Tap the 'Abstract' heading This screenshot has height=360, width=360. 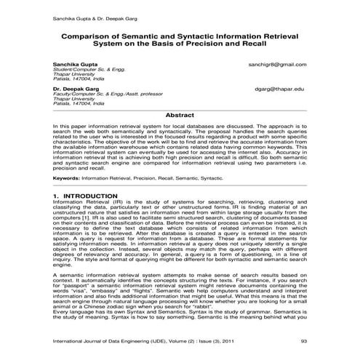(180, 115)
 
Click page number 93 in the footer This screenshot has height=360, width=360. (303, 341)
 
